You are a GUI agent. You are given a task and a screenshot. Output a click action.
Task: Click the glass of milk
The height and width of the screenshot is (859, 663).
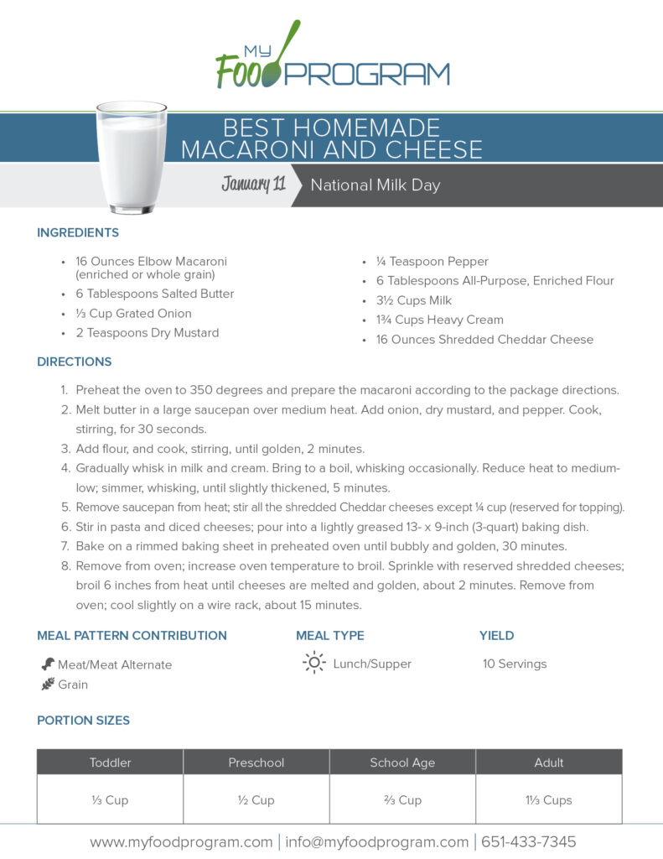coord(131,157)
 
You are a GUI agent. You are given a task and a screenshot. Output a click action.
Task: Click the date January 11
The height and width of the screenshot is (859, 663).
coord(253,185)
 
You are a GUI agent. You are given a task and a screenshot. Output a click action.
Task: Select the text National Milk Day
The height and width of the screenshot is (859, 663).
coord(375,185)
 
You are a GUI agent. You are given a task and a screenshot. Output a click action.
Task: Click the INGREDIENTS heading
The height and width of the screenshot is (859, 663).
coord(78,232)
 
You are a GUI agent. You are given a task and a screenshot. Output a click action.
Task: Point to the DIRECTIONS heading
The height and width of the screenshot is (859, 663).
coord(74,362)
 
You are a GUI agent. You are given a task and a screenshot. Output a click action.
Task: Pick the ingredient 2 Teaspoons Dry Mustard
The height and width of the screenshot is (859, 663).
coord(147,333)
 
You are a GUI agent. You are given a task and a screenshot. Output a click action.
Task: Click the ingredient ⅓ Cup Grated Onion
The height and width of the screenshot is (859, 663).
coord(133,314)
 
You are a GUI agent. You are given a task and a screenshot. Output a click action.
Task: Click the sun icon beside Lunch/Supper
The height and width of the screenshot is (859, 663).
coord(313,663)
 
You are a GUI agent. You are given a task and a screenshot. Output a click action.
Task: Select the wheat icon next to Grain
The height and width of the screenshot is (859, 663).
coord(48,685)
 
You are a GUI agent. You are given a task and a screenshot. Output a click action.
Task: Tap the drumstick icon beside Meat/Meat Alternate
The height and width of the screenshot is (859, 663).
coord(48,664)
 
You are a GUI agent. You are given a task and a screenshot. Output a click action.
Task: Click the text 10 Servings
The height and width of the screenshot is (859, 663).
coord(514,664)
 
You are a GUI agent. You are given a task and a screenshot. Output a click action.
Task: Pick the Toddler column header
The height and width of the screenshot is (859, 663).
coord(110,763)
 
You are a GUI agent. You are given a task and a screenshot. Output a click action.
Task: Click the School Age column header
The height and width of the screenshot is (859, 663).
coord(401,763)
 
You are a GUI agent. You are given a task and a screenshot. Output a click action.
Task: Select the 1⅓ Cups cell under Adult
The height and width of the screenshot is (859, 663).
coord(548,799)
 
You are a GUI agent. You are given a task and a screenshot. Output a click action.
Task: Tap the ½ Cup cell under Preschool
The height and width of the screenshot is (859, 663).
coord(256,799)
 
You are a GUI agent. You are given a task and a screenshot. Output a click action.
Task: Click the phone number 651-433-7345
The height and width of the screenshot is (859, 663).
coord(526,841)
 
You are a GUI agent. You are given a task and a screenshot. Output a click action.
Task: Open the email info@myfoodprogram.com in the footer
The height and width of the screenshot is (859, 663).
coord(376,841)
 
